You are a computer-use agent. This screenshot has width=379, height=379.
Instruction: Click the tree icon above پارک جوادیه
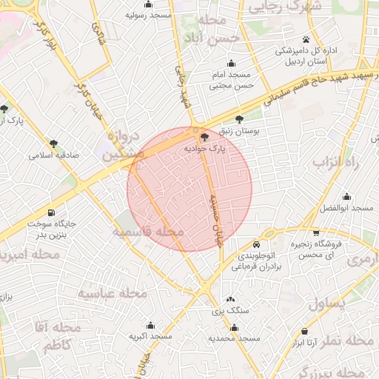coord(205,136)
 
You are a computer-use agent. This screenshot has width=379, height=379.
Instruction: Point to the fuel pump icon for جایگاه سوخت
coord(50,212)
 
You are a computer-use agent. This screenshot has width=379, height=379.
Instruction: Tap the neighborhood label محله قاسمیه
coord(148,232)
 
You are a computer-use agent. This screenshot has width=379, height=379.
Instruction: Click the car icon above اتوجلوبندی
coord(256,244)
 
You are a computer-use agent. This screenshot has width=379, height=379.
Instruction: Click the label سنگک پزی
coord(227,312)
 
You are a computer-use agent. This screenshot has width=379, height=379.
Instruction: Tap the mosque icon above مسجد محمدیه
coord(235,327)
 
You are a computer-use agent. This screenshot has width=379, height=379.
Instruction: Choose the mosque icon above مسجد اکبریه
coord(150,325)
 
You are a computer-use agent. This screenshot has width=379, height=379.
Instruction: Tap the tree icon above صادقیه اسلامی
coord(53,144)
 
